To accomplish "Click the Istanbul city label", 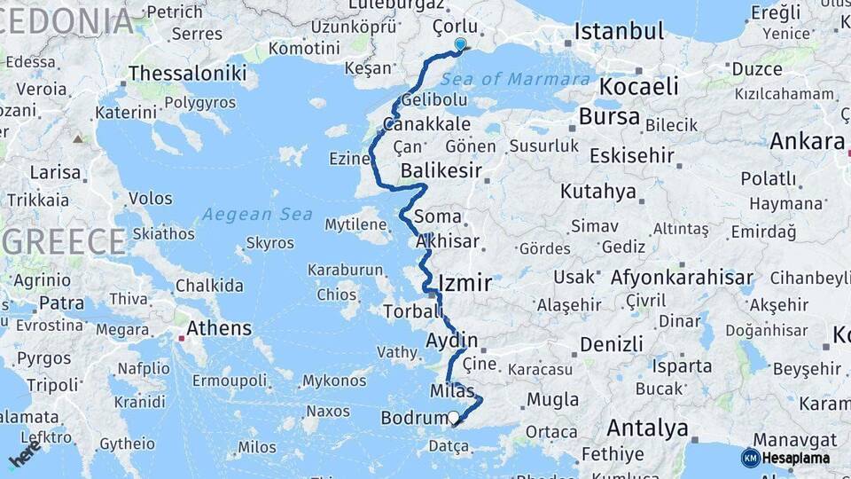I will [x=619, y=32].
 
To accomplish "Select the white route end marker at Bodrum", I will [x=454, y=417].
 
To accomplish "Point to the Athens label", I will [x=219, y=328].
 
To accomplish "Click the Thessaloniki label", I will [x=187, y=73].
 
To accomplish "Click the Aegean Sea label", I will [x=257, y=214].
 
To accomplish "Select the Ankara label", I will [x=807, y=141].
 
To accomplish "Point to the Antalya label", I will [x=647, y=428].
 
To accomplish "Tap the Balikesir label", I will [x=441, y=169].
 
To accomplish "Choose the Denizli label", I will [x=612, y=344].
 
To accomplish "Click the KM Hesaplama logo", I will [x=785, y=458].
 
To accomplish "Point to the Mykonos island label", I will [x=333, y=381].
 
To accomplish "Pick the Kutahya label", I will [x=598, y=192].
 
